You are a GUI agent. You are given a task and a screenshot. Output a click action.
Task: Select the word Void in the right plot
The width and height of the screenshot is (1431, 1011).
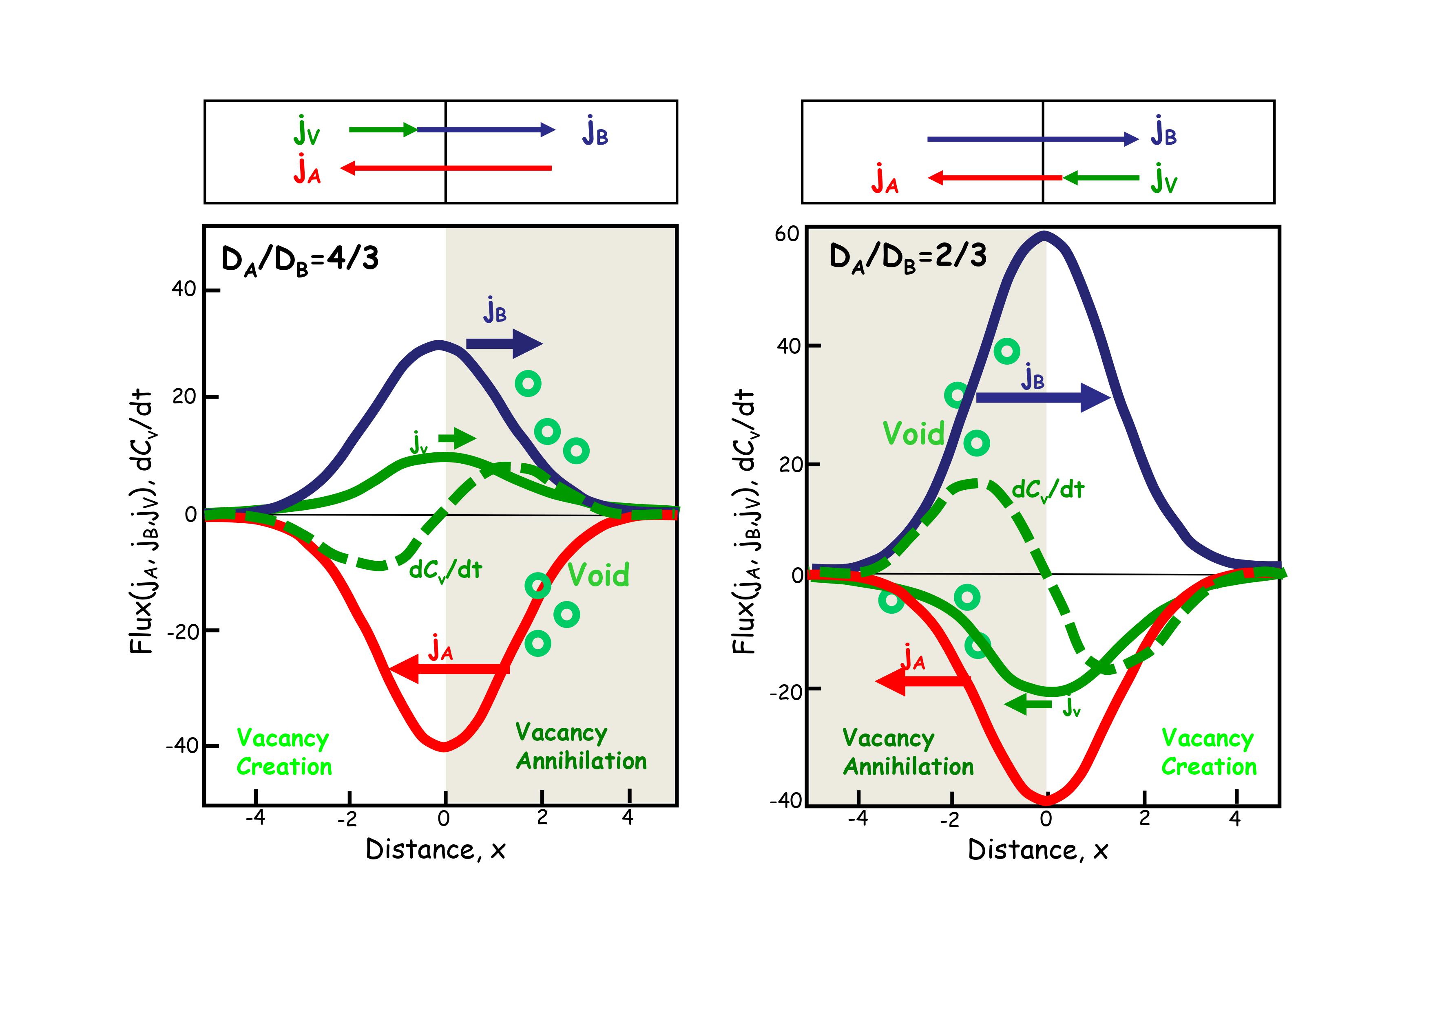click(x=914, y=434)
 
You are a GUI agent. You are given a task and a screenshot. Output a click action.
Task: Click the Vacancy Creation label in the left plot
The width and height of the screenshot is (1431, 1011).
click(x=284, y=753)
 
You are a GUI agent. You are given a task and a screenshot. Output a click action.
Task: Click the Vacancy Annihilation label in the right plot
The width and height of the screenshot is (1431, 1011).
click(x=907, y=753)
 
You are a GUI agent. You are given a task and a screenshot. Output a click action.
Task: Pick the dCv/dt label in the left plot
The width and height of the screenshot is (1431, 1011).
click(x=445, y=569)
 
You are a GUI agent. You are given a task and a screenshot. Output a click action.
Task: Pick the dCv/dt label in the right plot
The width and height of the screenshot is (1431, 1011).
click(x=1048, y=490)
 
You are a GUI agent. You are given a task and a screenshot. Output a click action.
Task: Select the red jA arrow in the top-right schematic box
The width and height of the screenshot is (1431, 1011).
click(x=995, y=178)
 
